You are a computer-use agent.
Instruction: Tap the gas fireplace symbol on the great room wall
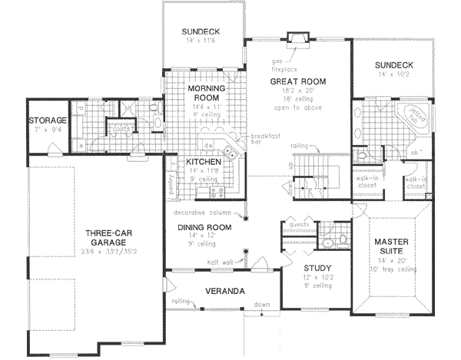298,38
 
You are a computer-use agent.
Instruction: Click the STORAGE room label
48,121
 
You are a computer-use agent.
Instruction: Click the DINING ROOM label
205,228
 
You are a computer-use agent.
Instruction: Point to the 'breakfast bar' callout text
262,140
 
